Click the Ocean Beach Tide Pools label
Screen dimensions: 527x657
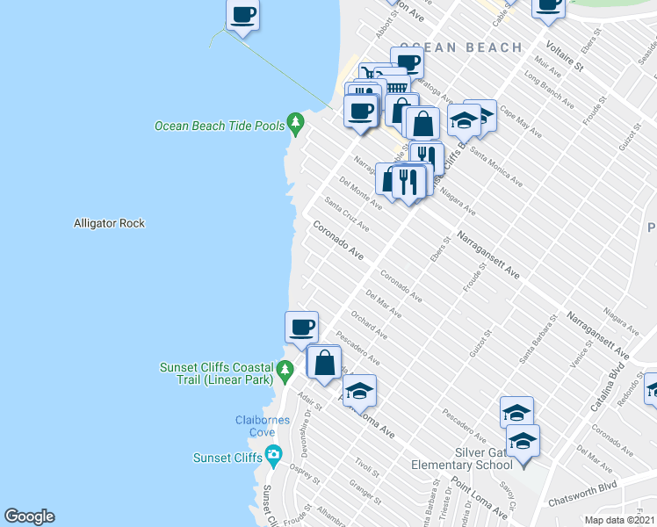[x=220, y=126]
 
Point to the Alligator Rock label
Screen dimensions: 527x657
[x=109, y=224]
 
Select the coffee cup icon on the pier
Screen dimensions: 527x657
[x=243, y=15]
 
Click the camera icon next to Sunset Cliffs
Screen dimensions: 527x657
[x=273, y=456]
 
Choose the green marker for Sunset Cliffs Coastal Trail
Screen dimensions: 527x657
[x=284, y=372]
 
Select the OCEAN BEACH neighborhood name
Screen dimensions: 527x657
[x=460, y=47]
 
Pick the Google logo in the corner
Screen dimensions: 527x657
[x=29, y=516]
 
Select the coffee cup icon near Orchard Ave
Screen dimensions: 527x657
[x=301, y=327]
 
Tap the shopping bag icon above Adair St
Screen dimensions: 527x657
[x=324, y=362]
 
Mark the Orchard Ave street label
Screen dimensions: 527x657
[x=369, y=326]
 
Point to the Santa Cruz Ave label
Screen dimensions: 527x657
[x=346, y=214]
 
